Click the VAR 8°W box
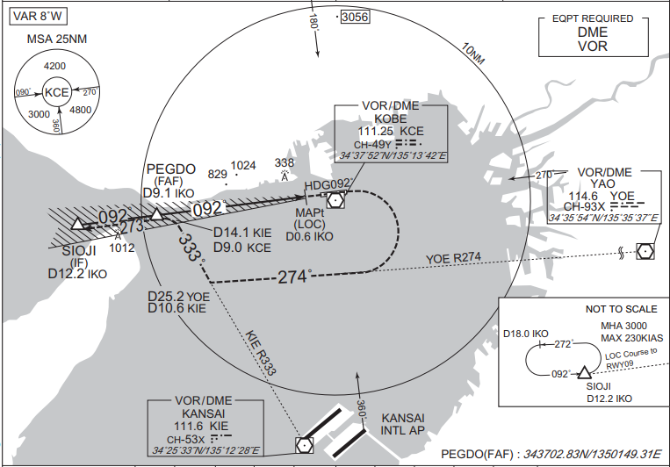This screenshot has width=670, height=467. (x=38, y=17)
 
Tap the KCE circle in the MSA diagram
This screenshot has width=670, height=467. (x=57, y=92)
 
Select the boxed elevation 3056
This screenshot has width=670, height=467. (x=355, y=17)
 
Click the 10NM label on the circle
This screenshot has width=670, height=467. (x=473, y=54)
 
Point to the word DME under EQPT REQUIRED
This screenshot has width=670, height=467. (x=593, y=32)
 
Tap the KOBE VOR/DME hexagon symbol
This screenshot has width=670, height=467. (x=335, y=199)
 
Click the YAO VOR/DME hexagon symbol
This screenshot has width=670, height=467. (x=645, y=251)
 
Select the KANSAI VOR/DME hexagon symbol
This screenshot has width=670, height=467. (x=304, y=445)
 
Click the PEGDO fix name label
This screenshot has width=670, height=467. (x=171, y=169)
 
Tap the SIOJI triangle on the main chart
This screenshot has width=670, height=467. (x=77, y=224)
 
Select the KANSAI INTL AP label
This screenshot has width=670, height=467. (x=402, y=424)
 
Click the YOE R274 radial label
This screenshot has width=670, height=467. (x=453, y=258)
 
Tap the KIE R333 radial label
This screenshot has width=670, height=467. (x=260, y=353)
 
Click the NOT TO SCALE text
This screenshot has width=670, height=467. (x=622, y=309)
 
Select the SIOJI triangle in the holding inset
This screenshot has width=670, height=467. (x=585, y=373)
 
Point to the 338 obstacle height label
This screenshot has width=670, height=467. (x=285, y=162)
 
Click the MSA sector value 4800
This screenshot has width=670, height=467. (x=80, y=110)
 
